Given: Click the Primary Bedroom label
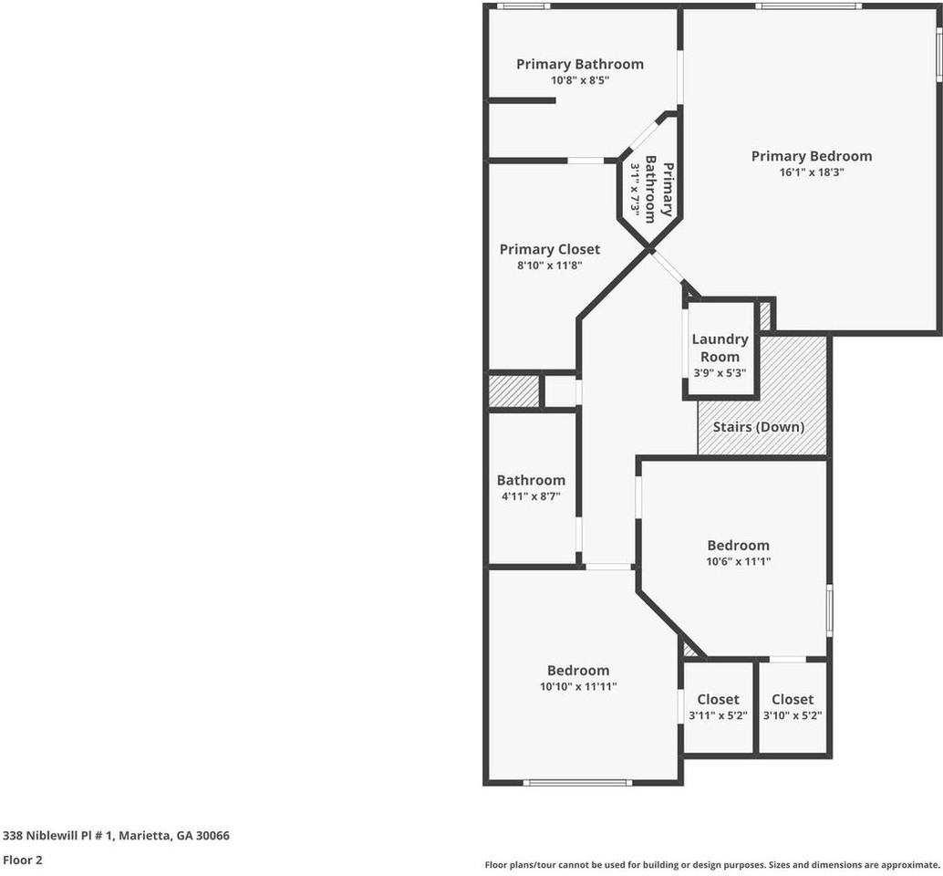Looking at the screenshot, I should click(x=811, y=156).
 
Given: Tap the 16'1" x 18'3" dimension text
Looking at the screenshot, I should click(x=811, y=172).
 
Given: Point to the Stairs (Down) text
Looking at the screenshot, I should click(x=758, y=427).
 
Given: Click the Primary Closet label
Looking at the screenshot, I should click(x=550, y=249).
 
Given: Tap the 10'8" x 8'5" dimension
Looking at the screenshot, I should click(x=579, y=80).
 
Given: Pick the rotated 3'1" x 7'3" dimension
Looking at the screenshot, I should click(x=636, y=193).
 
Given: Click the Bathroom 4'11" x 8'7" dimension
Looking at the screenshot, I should click(x=531, y=496).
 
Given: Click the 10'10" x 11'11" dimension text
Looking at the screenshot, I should click(x=578, y=686).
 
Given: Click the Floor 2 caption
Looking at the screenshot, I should click(x=23, y=860).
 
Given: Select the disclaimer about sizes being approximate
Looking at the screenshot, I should click(x=711, y=864).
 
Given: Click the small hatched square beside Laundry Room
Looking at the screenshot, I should click(x=764, y=316).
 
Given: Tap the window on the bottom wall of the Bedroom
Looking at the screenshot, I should click(x=577, y=782).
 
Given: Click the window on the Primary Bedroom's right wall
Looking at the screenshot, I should click(x=938, y=55).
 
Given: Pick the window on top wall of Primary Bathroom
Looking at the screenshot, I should click(x=523, y=6).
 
